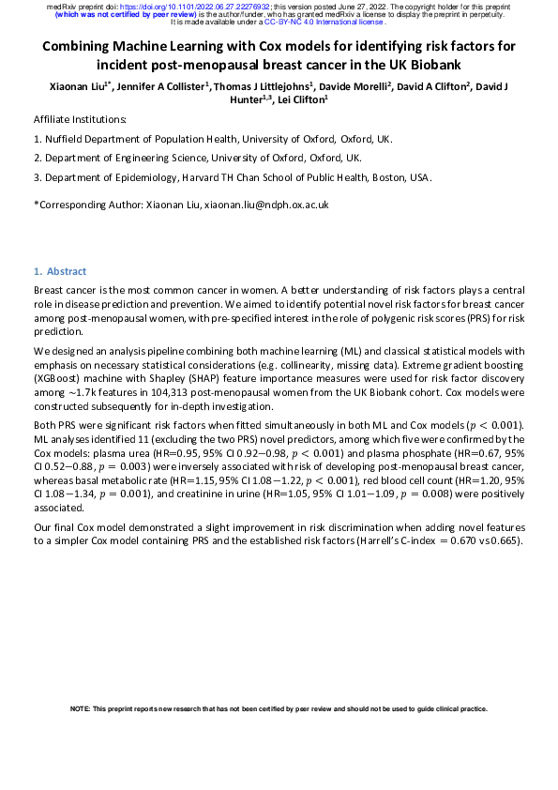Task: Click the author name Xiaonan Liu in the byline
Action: (x=80, y=86)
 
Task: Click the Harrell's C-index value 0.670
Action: (x=470, y=541)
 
